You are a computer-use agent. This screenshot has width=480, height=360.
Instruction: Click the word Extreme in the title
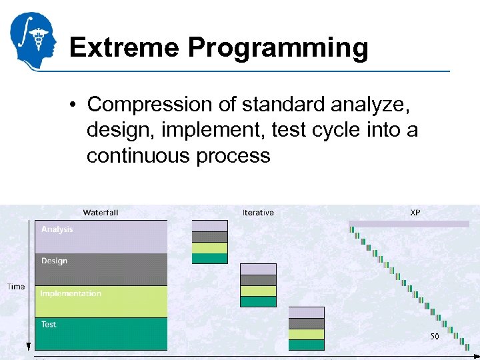click(123, 48)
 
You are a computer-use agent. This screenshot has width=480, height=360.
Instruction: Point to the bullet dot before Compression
click(77, 105)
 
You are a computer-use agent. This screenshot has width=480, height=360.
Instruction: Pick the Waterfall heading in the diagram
click(101, 213)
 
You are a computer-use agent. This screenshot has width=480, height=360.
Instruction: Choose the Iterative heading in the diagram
click(258, 213)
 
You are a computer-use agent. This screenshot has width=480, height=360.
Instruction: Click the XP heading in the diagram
click(415, 213)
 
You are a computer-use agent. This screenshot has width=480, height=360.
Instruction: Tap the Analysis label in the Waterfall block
click(57, 229)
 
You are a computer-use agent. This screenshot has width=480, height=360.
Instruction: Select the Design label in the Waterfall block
click(54, 261)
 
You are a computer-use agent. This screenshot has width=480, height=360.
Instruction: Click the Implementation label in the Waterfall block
click(71, 293)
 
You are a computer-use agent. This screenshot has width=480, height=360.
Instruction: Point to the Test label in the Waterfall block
click(49, 325)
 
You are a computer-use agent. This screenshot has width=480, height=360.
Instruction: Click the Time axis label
click(16, 287)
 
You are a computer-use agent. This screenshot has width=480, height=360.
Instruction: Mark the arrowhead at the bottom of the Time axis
click(28, 346)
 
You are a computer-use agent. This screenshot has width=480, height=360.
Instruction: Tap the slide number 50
click(434, 337)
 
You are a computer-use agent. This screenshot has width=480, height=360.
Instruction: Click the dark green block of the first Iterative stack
click(209, 259)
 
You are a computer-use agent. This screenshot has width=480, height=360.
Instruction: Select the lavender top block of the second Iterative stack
click(258, 269)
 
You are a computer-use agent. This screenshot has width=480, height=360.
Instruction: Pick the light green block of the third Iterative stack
click(306, 334)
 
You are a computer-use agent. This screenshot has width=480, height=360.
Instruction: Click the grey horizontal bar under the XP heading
click(409, 224)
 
